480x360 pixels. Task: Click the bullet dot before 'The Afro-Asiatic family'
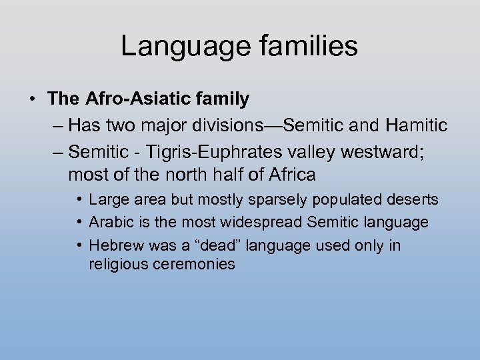pos(33,100)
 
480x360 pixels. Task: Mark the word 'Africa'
pos(291,175)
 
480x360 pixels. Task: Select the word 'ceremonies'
pos(193,263)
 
